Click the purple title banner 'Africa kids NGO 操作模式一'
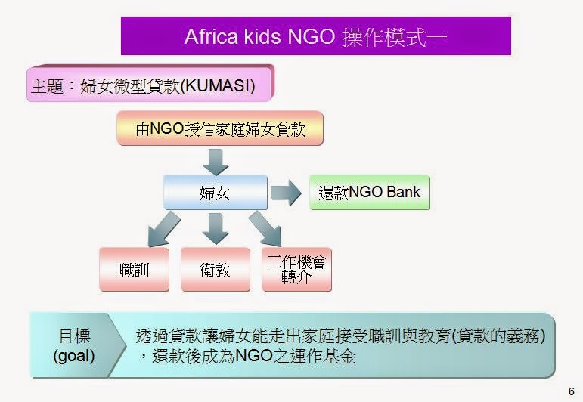(x=316, y=36)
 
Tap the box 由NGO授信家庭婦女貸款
(x=220, y=128)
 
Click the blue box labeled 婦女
(x=215, y=193)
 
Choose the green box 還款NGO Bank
(x=369, y=193)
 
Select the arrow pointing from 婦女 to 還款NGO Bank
(x=286, y=193)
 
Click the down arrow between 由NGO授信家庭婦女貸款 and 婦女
(x=216, y=159)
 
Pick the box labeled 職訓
(x=133, y=268)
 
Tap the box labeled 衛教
(x=216, y=268)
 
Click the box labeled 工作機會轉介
(x=296, y=268)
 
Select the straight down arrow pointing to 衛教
(x=216, y=227)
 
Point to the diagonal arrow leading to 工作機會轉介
(x=265, y=227)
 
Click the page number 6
(x=571, y=391)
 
